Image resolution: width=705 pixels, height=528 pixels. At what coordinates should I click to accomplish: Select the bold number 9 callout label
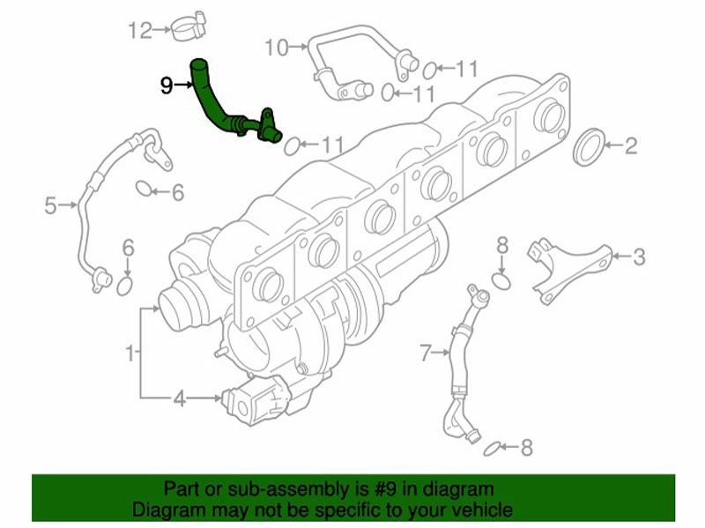pos(167,86)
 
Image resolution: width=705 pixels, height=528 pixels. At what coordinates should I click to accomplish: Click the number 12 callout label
pos(140,31)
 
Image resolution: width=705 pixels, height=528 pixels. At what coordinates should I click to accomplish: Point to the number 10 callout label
pos(277,48)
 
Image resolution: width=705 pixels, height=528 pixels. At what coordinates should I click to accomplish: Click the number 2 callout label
pos(631,146)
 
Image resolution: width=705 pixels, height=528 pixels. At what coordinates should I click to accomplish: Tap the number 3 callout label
pos(639,257)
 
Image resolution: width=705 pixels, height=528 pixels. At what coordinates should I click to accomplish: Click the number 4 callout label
pos(180,398)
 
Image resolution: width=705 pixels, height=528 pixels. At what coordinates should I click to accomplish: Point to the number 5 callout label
pos(51,206)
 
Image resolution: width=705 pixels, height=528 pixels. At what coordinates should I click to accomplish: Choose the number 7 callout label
pos(426,353)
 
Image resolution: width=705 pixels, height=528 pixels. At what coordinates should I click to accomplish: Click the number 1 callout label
pos(130,353)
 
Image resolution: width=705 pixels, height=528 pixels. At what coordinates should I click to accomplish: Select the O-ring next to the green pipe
pos(292,145)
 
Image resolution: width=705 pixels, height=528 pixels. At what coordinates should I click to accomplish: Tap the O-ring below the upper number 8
pos(501,281)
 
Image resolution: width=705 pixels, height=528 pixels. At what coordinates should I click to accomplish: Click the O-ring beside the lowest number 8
pos(492,449)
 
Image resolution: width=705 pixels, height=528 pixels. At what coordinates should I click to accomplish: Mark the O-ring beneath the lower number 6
pos(124,286)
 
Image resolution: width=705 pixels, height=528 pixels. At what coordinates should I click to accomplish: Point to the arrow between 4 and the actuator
pos(204,398)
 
